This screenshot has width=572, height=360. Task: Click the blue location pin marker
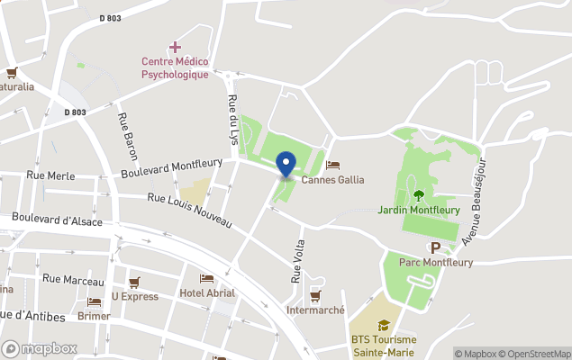pos(286,164)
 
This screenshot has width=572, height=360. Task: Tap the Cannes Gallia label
pos(332,179)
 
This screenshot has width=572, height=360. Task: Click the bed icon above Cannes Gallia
pos(332,165)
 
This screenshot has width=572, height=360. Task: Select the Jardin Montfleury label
pos(419,210)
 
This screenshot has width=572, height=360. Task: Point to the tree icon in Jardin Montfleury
pos(418,194)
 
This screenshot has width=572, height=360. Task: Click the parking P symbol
pos(435,247)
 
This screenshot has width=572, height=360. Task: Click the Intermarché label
pos(315,310)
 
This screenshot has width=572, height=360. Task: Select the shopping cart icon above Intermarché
pos(315,295)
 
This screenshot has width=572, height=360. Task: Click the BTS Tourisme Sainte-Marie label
pos(384,346)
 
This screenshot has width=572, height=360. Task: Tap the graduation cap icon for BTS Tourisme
pos(384,325)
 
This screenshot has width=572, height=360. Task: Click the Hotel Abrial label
pos(207,292)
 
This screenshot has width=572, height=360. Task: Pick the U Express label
pos(135,296)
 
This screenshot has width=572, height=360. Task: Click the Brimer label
pos(95,316)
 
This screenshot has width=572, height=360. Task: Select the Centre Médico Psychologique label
pos(175,67)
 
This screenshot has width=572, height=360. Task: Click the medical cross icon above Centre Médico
pos(175,46)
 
